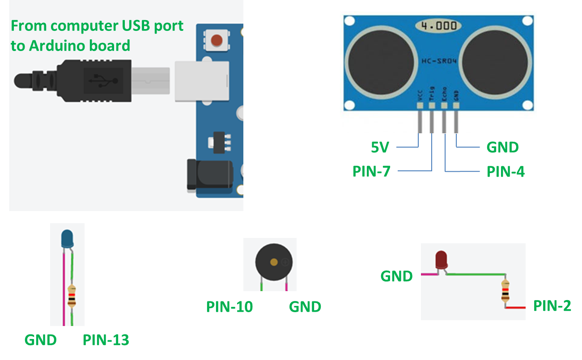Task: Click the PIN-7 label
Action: pos(371,171)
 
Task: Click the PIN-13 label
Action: pos(106,340)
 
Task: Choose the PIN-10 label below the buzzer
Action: pos(229,307)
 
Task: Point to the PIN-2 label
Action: pos(552,306)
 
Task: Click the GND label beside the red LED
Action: pos(396,276)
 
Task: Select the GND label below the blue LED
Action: pos(40,340)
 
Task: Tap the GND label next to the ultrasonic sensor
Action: pos(502,147)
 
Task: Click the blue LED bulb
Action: pos(67,238)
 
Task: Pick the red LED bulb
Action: pos(442,260)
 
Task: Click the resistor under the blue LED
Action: pos(72,296)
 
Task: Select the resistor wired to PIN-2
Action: pos(506,291)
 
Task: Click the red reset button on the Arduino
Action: pos(217,41)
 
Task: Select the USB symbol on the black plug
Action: pos(103,81)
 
